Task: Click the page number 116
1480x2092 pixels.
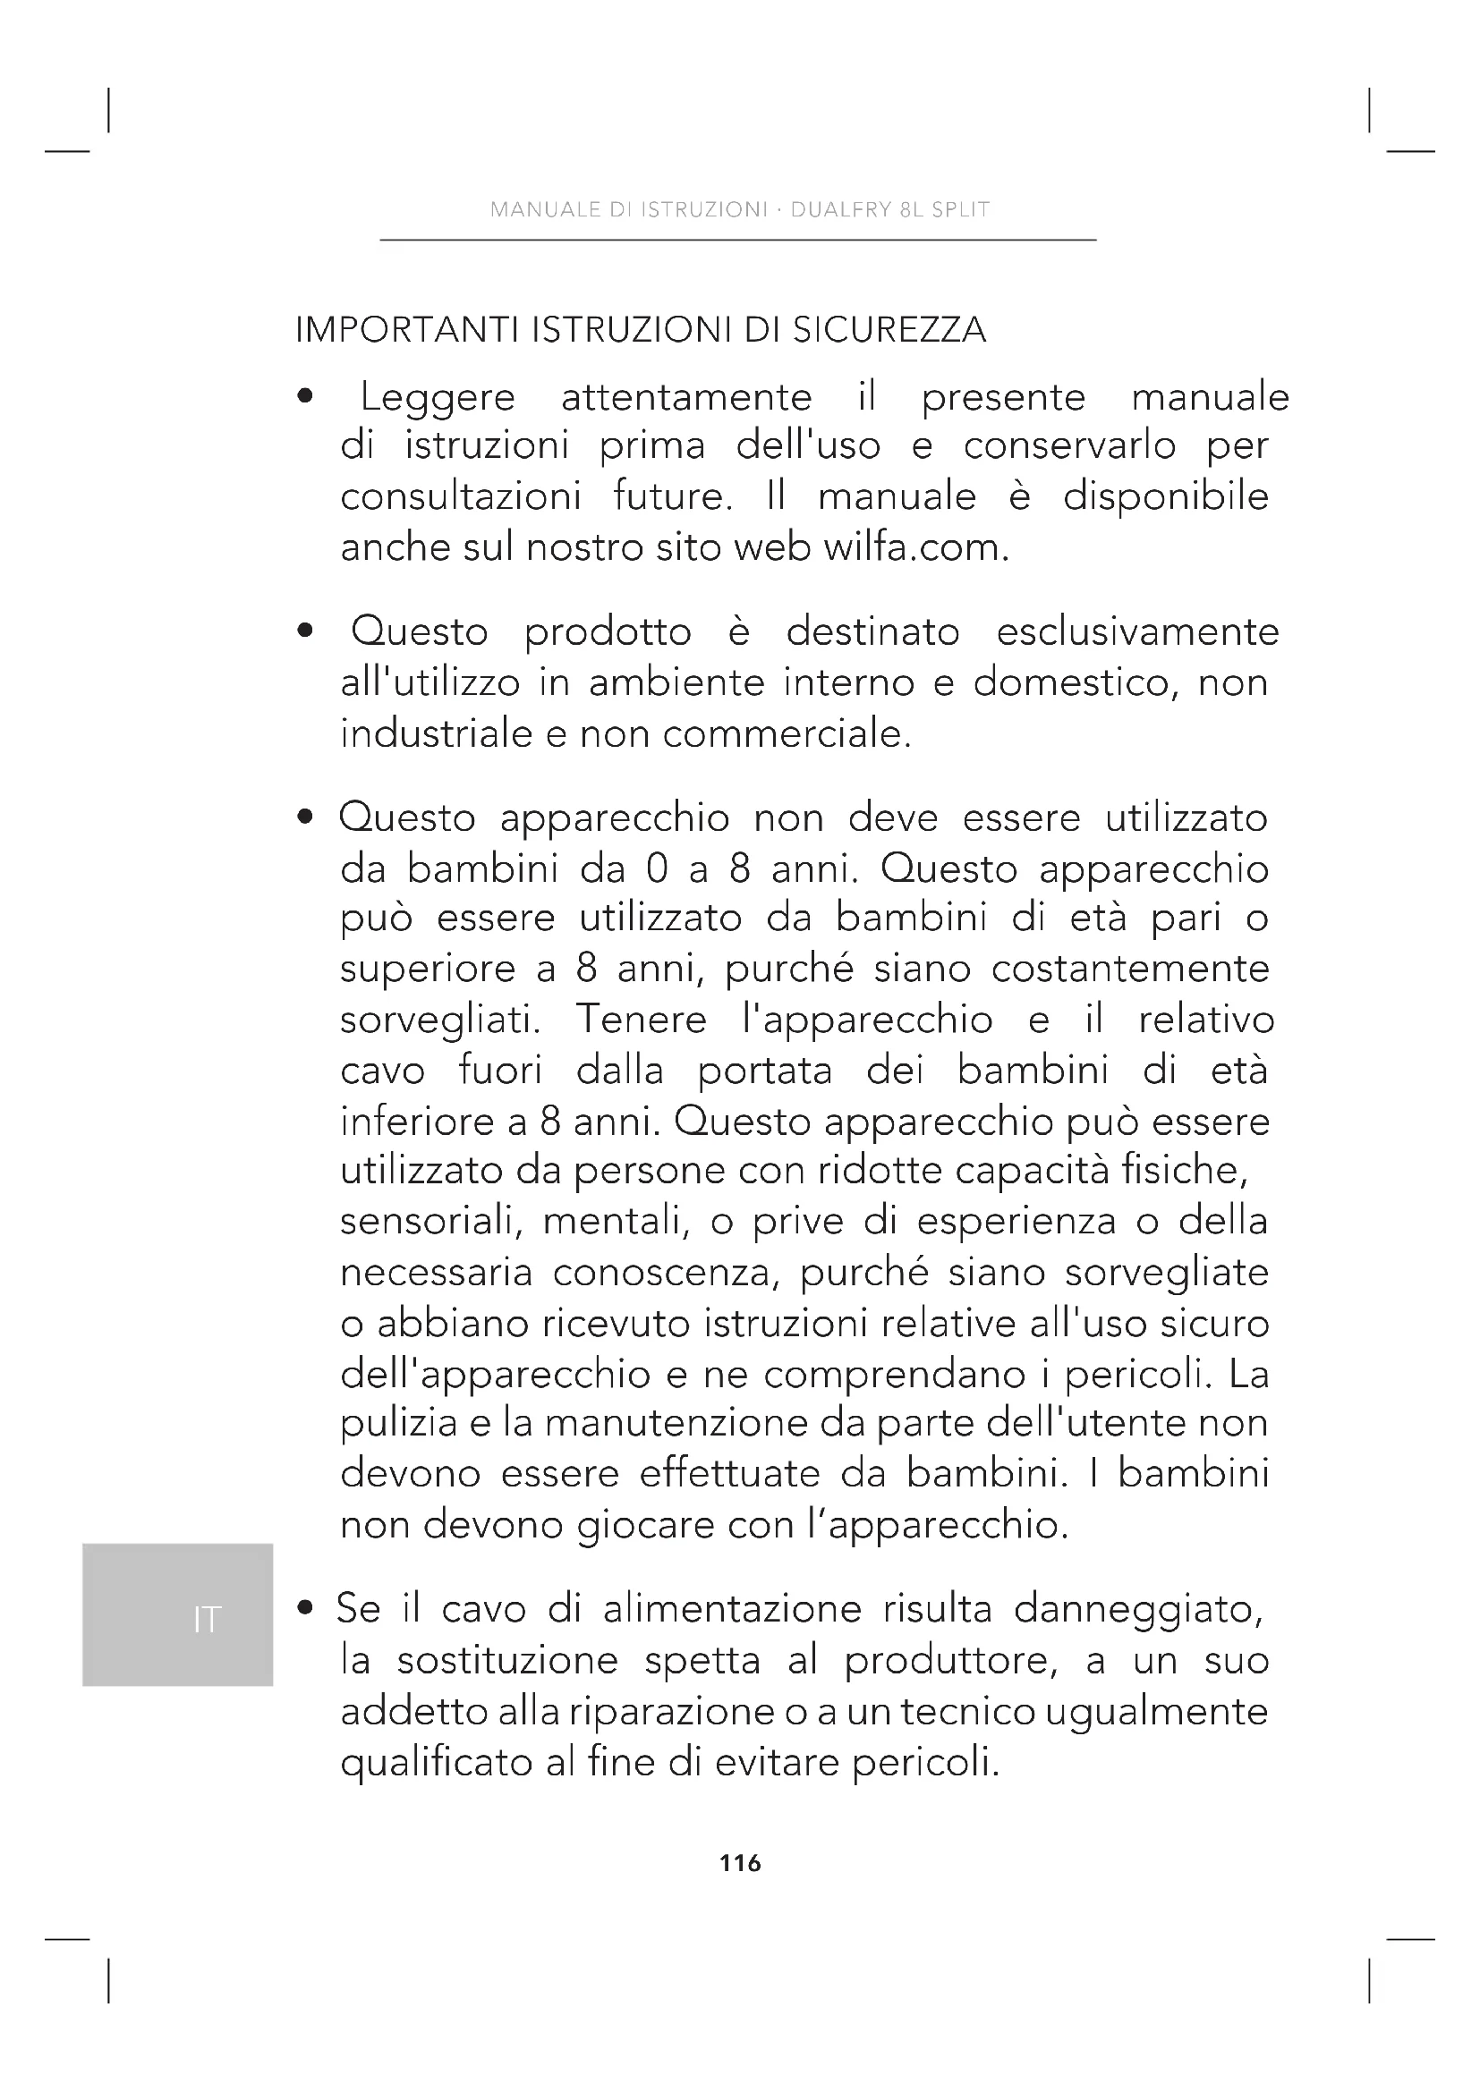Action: pyautogui.click(x=740, y=1864)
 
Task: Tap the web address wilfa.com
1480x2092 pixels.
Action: pyautogui.click(x=915, y=547)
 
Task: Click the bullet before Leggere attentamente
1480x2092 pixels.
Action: pyautogui.click(x=306, y=397)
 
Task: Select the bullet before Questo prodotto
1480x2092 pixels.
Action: pyautogui.click(x=306, y=631)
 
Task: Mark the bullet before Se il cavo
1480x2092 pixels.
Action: pyautogui.click(x=306, y=1610)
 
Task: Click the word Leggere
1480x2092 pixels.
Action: pyautogui.click(x=438, y=398)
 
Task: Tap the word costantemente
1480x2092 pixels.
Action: pyautogui.click(x=1130, y=969)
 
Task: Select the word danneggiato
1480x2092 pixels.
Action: pyautogui.click(x=1138, y=1610)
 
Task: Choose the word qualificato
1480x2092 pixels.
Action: pyautogui.click(x=437, y=1763)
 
